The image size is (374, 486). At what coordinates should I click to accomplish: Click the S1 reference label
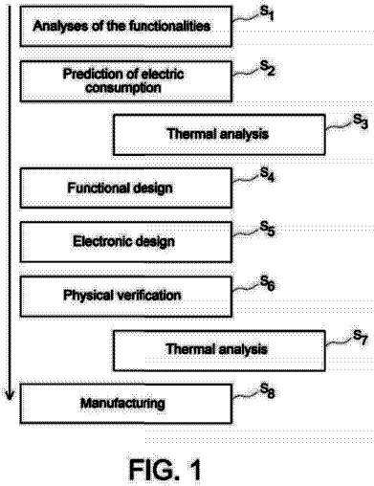tap(267, 13)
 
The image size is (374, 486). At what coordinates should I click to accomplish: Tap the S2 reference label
tap(267, 68)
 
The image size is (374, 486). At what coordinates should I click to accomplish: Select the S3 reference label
tap(361, 121)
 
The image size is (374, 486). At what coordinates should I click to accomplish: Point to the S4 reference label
tap(267, 175)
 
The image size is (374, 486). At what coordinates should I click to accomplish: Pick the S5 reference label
tap(267, 229)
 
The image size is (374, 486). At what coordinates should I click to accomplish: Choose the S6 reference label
tap(267, 283)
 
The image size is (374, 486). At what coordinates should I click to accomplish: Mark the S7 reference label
tap(361, 337)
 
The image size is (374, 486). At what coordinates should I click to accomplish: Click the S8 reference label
tap(267, 390)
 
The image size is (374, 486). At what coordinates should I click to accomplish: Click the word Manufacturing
tap(122, 403)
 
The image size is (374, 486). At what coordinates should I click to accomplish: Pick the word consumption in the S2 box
tap(123, 88)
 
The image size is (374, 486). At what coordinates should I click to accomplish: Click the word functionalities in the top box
tap(170, 26)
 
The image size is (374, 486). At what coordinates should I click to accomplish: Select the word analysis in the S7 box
tap(243, 349)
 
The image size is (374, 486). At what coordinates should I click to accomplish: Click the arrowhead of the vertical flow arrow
tap(10, 394)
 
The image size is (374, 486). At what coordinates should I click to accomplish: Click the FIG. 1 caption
tap(165, 470)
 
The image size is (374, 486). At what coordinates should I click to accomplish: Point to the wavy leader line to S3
tap(339, 127)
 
